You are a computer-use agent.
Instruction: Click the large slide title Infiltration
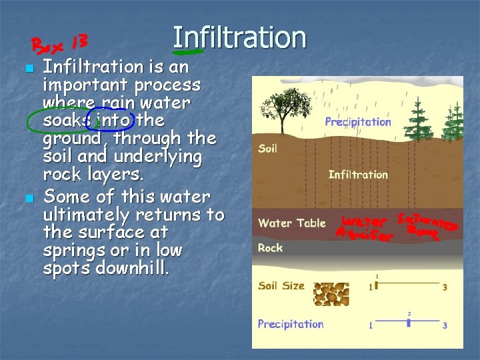point(239,38)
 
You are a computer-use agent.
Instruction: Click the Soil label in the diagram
point(267,148)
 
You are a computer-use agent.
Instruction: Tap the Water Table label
point(292,223)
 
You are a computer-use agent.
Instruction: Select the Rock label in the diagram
point(270,247)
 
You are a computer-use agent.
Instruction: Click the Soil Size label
point(281,285)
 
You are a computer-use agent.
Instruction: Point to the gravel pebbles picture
point(335,293)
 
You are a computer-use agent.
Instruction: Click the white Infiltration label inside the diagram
point(358,175)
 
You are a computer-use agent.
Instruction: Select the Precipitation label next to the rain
point(357,122)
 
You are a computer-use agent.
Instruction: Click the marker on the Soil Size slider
point(376,285)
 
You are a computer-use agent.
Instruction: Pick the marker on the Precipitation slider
point(408,323)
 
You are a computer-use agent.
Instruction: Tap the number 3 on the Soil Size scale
point(445,287)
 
